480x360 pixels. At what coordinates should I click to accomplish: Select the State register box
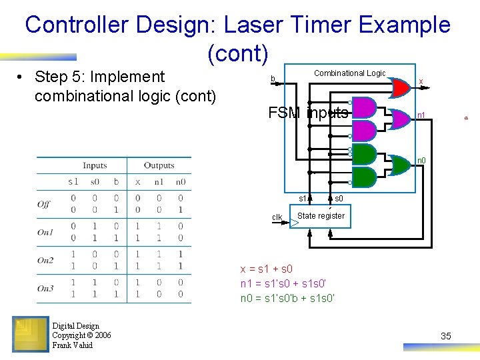321,217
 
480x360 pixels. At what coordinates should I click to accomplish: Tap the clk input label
277,217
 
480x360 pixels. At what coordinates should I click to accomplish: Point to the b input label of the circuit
272,79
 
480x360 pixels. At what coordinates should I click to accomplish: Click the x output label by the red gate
420,81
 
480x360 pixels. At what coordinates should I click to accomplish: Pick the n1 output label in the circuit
421,116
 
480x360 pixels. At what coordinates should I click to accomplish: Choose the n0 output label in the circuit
421,160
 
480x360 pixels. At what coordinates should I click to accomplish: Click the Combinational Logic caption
349,73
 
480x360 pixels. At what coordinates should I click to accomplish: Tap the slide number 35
446,336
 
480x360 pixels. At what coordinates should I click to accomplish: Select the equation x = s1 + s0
266,269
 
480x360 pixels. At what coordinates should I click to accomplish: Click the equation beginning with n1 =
287,283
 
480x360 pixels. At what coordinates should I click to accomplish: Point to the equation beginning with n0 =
287,298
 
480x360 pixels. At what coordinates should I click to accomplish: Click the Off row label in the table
44,204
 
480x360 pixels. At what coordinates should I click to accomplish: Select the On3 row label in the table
45,289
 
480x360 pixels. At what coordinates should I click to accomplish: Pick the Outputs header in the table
159,165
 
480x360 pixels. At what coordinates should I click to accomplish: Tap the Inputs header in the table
95,165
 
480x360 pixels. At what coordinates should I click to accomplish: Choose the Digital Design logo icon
31,333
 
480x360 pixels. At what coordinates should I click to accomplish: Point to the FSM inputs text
308,113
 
